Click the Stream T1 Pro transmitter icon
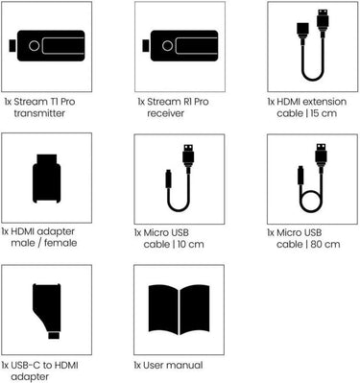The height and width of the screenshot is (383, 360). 47,46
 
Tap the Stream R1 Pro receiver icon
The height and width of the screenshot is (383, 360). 180,46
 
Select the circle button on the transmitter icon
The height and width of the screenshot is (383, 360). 34,46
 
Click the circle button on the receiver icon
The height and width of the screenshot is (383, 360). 167,46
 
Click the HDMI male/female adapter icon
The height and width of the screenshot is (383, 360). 47,179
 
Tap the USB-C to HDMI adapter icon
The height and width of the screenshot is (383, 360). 47,311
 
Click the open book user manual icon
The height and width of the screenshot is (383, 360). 180,310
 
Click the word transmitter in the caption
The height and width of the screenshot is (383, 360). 39,113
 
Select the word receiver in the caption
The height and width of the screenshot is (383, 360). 166,113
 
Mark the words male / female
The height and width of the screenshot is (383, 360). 44,243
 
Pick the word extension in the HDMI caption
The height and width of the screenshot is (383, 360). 324,102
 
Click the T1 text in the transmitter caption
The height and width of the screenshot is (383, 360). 53,102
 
